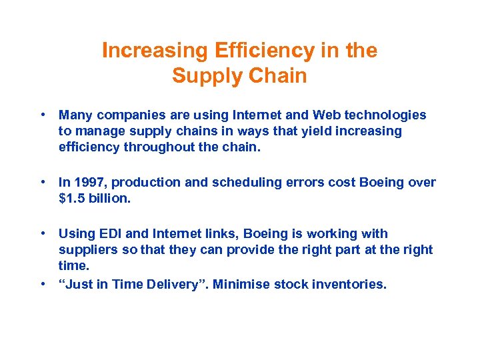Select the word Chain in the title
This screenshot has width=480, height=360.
click(277, 76)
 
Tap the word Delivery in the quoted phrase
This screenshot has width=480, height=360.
click(177, 285)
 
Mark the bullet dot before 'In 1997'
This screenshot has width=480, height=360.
click(43, 183)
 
